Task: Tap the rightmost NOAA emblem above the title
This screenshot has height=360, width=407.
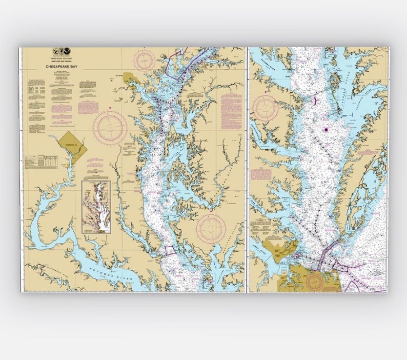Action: pyautogui.click(x=66, y=51)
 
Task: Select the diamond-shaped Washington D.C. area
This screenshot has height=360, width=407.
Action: pyautogui.click(x=72, y=146)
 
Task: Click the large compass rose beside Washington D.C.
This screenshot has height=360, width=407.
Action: pyautogui.click(x=110, y=128)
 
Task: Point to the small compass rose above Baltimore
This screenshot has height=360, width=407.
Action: pyautogui.click(x=144, y=60)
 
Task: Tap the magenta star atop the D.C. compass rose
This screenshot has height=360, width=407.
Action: pyautogui.click(x=110, y=108)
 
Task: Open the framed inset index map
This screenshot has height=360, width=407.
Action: pyautogui.click(x=96, y=207)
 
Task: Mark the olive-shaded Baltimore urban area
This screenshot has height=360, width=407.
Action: pyautogui.click(x=129, y=78)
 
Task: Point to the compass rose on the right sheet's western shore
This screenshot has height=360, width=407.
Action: pyautogui.click(x=265, y=108)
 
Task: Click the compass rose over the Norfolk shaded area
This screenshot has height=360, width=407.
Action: pyautogui.click(x=315, y=281)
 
